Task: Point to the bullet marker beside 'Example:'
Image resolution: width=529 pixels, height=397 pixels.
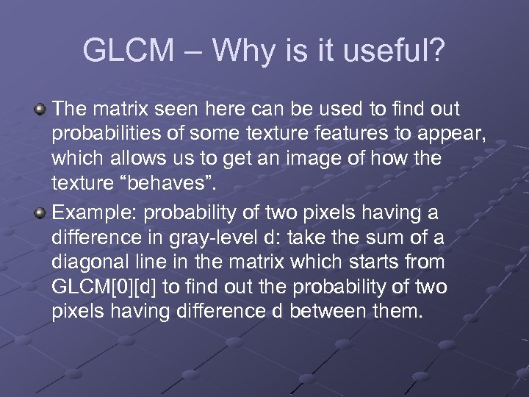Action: coord(42,212)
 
